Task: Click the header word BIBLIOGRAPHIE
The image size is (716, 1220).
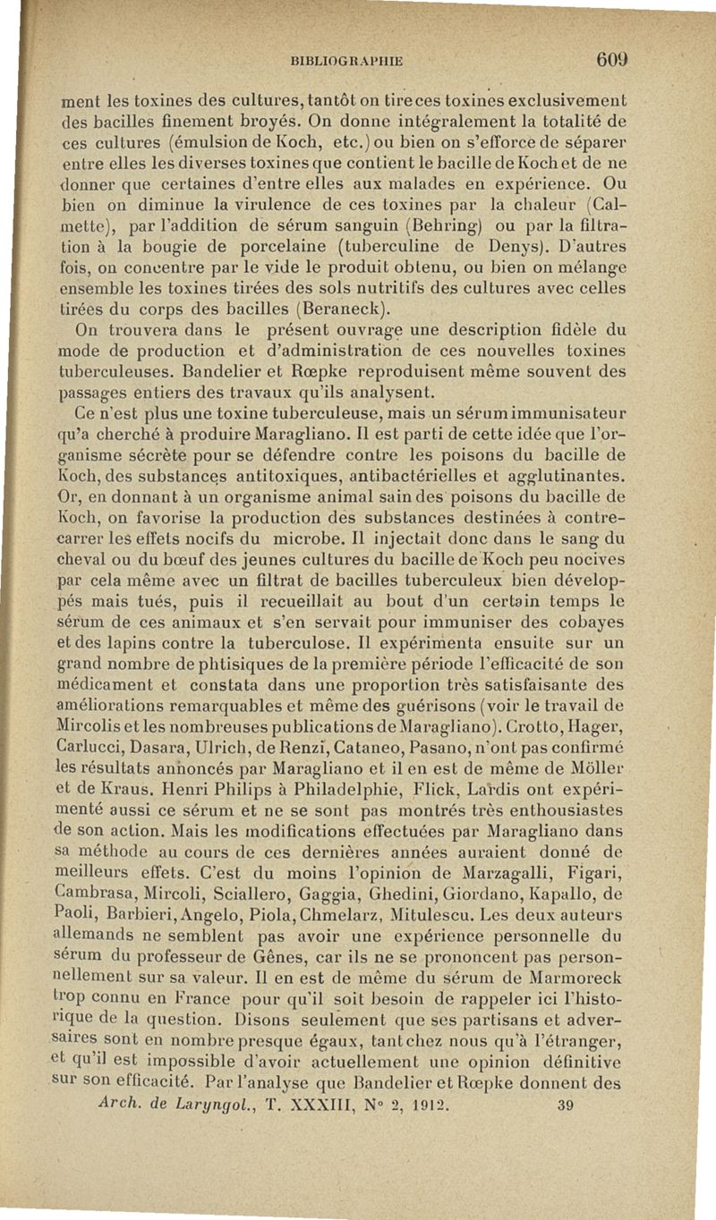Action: coord(347,62)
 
